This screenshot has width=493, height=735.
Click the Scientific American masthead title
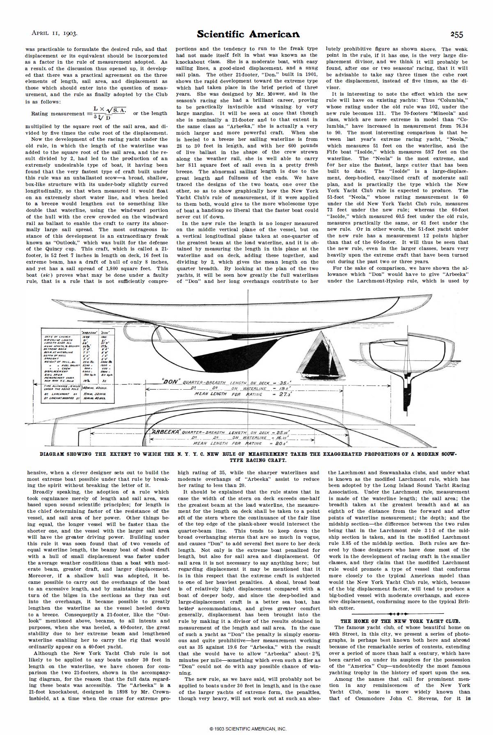248,34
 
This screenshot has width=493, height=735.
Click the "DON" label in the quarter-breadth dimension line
171,382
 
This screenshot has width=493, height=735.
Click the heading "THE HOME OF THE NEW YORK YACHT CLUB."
400,621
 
